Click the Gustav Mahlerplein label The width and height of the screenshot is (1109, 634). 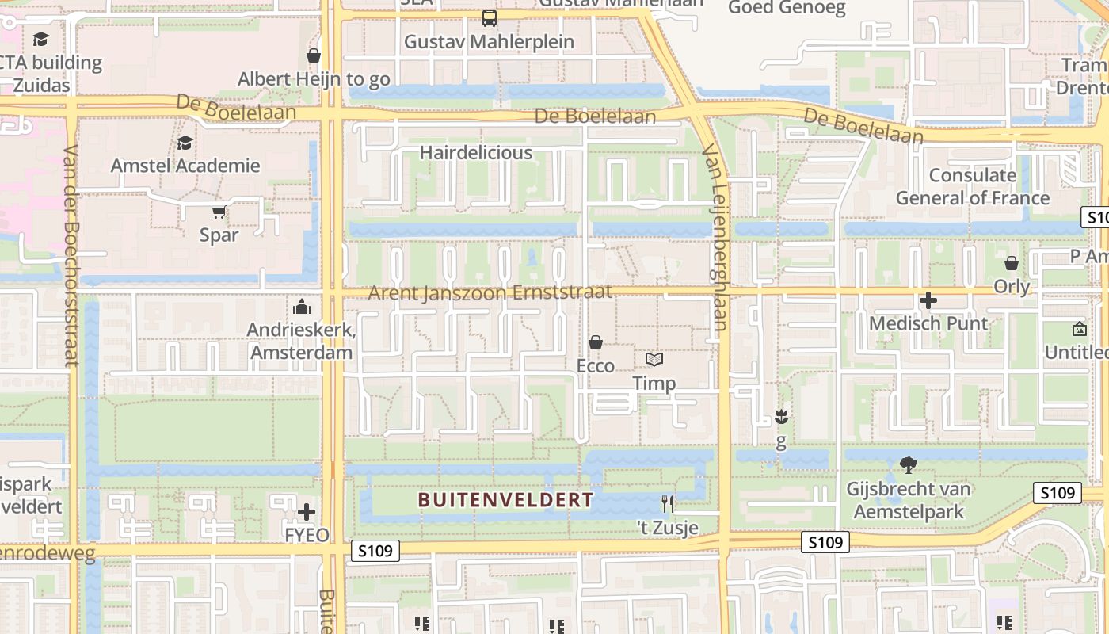489,41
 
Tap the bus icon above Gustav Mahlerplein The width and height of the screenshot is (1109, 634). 490,17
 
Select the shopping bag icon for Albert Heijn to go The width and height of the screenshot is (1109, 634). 314,55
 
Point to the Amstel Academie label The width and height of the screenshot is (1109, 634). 185,166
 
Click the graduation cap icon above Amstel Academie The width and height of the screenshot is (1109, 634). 185,143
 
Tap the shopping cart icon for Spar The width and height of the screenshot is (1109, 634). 219,212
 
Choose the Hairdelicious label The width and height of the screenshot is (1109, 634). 476,152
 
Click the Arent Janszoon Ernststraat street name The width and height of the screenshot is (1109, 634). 490,292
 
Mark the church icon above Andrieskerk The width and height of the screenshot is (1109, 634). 301,307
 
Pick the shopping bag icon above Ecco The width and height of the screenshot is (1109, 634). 595,342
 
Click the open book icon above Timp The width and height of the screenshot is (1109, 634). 654,360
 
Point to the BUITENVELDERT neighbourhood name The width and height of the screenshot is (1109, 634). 505,500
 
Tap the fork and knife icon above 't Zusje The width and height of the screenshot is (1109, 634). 668,504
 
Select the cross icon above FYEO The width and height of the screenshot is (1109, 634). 307,512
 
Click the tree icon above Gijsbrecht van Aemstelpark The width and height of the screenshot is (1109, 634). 909,465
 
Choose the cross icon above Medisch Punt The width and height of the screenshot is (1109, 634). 928,300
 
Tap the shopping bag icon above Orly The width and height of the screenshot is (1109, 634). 1012,263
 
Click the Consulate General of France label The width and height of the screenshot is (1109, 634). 973,186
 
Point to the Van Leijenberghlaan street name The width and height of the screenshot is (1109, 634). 715,238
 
